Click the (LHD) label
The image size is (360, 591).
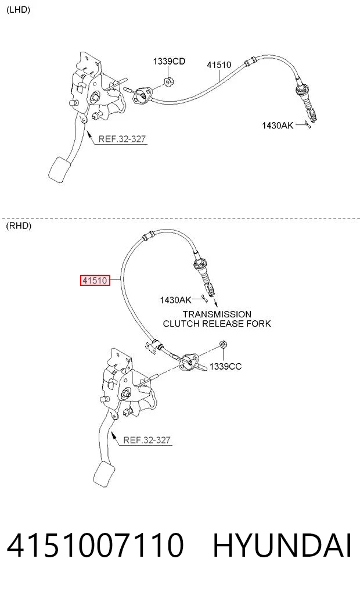(x=18, y=10)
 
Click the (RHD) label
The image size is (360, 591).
(x=19, y=226)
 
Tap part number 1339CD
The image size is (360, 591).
(x=169, y=61)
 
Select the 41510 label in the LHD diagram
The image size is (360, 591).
(x=219, y=65)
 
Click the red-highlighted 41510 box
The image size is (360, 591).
(x=95, y=281)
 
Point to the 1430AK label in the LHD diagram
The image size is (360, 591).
(x=278, y=125)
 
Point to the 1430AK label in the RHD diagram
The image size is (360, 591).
(x=175, y=300)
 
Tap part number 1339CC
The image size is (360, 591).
(x=225, y=366)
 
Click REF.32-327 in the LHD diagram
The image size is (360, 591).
(x=122, y=139)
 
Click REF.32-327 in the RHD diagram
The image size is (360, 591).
(x=147, y=440)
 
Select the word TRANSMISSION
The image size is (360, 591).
(x=217, y=314)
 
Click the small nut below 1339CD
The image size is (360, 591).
(x=168, y=81)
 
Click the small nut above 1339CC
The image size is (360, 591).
(x=223, y=344)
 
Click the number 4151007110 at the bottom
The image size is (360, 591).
(x=95, y=545)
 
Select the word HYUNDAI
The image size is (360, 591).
(x=282, y=545)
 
